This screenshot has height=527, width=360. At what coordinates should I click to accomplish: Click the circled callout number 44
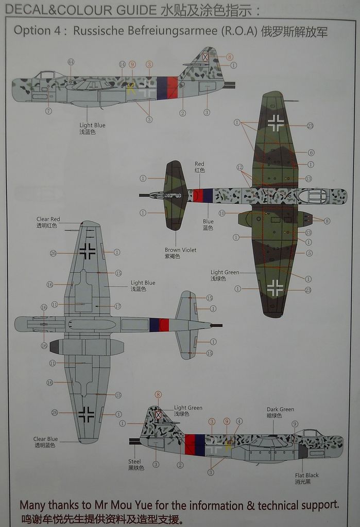pyautogui.click(x=71, y=62)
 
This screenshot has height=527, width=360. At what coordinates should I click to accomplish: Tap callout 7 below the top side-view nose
pyautogui.click(x=48, y=111)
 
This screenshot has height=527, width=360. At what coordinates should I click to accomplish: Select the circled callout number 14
pyautogui.click(x=122, y=64)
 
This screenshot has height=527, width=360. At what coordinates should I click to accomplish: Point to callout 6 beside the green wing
pyautogui.click(x=310, y=152)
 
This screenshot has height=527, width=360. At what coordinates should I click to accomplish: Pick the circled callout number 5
pyautogui.click(x=309, y=253)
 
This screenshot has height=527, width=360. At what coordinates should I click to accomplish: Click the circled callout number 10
pyautogui.click(x=221, y=213)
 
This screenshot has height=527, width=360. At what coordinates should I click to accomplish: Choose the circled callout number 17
pyautogui.click(x=117, y=306)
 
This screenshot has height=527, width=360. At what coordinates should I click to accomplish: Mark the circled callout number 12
pyautogui.click(x=239, y=167)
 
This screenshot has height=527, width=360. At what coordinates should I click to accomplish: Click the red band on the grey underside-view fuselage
pyautogui.click(x=164, y=324)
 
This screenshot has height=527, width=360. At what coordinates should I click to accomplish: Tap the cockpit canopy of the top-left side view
pyautogui.click(x=46, y=75)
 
